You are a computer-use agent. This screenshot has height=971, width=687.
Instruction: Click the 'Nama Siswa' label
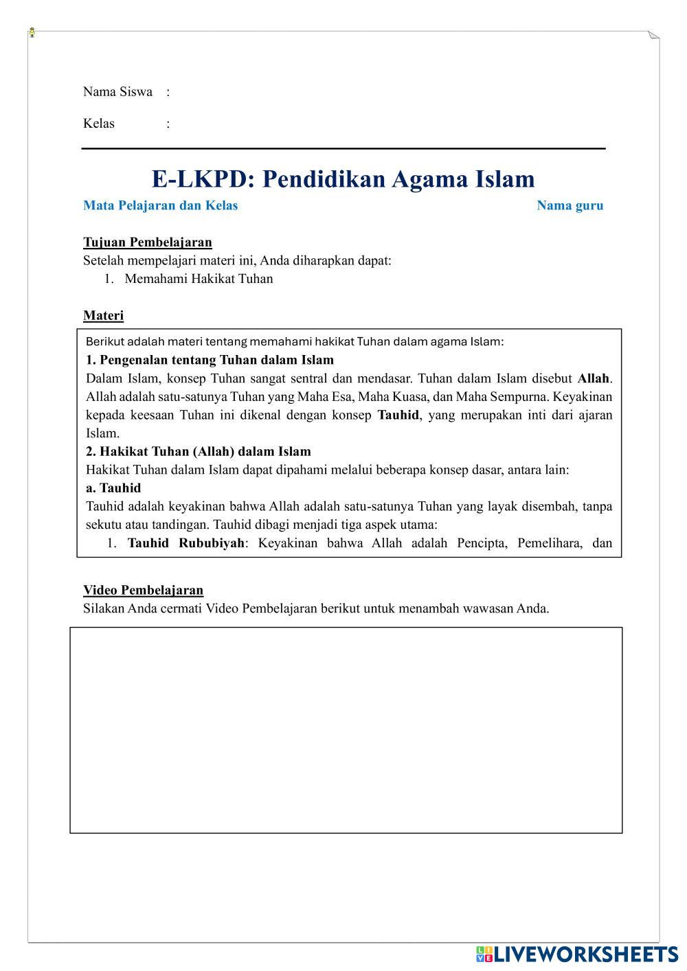click(117, 92)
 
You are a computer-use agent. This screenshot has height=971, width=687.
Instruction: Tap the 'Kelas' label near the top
click(99, 124)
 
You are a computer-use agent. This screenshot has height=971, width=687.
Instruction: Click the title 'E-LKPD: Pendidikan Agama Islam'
click(343, 179)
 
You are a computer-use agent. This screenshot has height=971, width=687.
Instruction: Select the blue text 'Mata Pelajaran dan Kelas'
click(160, 205)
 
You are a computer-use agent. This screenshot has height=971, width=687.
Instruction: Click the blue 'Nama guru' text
click(570, 205)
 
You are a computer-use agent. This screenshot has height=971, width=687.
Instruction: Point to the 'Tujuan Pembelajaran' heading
click(147, 242)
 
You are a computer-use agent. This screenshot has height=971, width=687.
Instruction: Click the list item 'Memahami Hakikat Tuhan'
click(199, 279)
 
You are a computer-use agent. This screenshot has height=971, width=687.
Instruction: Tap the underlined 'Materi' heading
click(103, 316)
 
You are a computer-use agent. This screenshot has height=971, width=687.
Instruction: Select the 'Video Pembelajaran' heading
click(143, 590)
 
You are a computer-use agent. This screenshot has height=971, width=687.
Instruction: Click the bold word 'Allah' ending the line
click(593, 378)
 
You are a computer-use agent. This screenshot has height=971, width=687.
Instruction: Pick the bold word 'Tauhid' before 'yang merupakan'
click(398, 415)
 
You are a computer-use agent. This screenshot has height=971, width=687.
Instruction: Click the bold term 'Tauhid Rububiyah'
click(185, 543)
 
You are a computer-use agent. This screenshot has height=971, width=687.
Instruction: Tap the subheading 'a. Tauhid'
click(113, 488)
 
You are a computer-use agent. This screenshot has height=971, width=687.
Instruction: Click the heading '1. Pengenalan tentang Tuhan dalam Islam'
click(210, 360)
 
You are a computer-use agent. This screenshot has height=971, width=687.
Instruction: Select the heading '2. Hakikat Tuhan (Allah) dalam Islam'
click(198, 451)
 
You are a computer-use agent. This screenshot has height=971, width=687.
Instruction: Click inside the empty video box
click(346, 729)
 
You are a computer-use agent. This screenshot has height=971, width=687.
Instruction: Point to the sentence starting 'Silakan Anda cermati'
click(316, 608)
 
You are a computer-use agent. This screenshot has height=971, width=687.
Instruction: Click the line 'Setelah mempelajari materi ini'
click(237, 260)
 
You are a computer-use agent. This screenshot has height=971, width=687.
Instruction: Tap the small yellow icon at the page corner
click(32, 32)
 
